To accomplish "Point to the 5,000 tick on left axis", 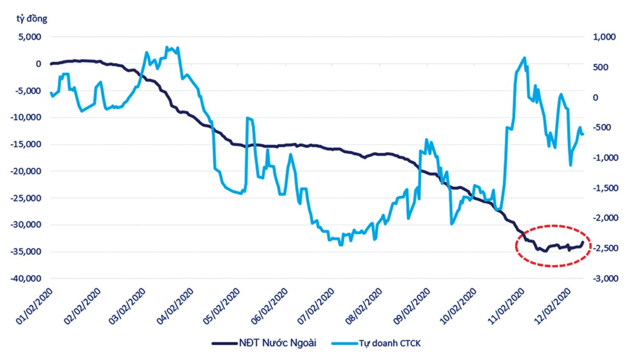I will pyautogui.click(x=31, y=37).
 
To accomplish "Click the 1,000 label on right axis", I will pyautogui.click(x=604, y=37).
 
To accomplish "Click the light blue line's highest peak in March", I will pyautogui.click(x=166, y=47).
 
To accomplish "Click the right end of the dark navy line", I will pyautogui.click(x=582, y=242).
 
